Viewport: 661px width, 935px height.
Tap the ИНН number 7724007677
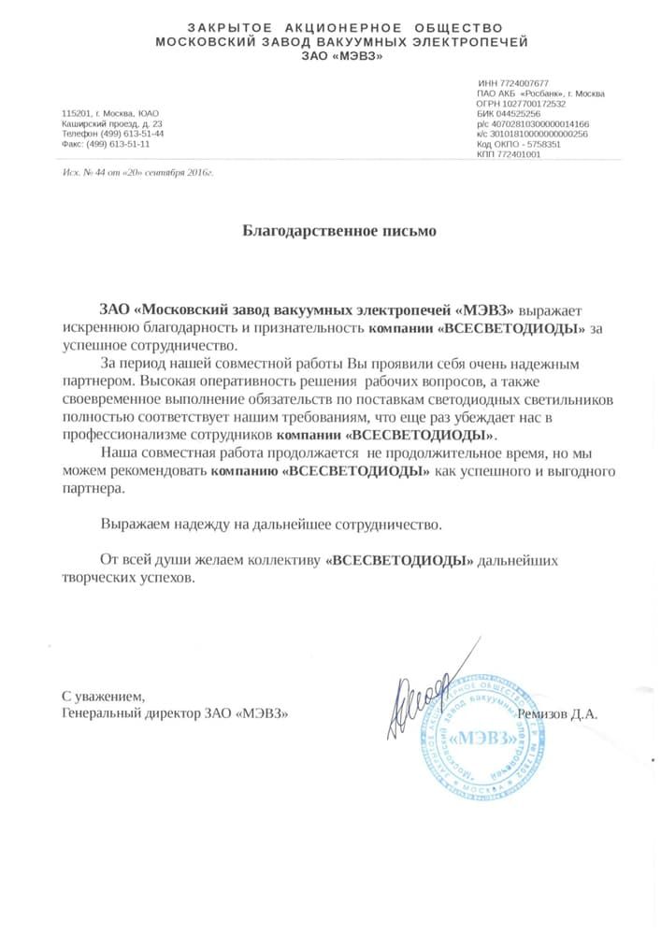(x=524, y=83)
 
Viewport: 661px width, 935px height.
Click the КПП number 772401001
(x=520, y=154)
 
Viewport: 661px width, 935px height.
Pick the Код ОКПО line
(x=518, y=145)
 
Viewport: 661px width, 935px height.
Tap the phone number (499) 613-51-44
(x=131, y=134)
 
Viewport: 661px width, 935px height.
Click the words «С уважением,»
(x=103, y=697)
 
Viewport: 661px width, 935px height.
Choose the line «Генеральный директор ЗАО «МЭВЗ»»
(x=175, y=713)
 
